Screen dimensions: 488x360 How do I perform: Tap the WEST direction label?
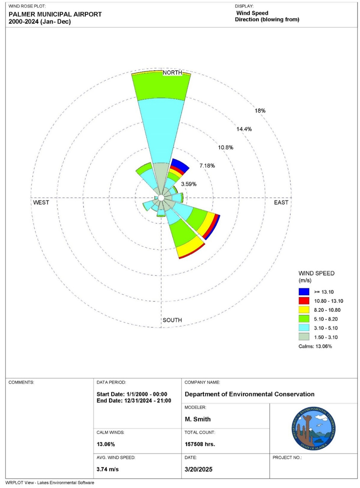41,202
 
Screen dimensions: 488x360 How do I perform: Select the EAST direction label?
281,202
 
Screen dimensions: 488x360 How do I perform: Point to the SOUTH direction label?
172,320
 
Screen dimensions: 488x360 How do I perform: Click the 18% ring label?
260,111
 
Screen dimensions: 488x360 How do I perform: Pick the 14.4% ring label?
244,129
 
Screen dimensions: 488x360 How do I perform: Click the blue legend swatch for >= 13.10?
304,291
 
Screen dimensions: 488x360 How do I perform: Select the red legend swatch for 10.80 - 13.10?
304,301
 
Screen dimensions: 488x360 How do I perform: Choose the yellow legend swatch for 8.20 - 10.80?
304,310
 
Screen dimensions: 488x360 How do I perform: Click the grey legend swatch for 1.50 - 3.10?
304,337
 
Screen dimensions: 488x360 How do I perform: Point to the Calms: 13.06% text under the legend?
315,346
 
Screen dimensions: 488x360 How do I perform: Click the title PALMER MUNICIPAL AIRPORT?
55,14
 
